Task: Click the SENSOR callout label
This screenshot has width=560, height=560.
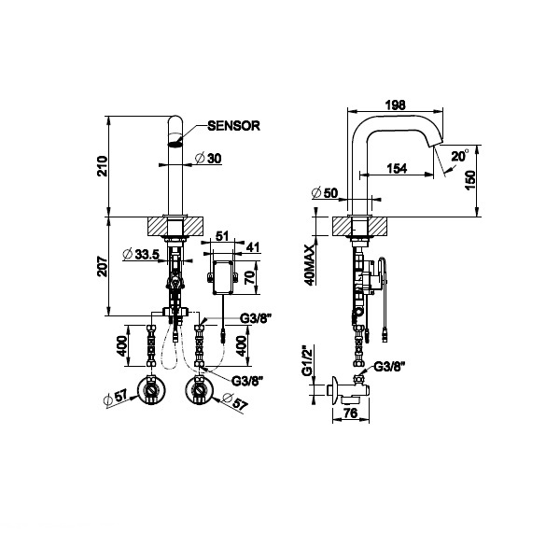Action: tap(233, 126)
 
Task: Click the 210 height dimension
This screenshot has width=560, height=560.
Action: tap(103, 166)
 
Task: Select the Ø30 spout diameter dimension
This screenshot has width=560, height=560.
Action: tap(208, 159)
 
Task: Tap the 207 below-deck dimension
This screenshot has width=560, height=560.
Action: tap(103, 266)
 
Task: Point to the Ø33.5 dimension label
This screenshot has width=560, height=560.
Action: tap(140, 254)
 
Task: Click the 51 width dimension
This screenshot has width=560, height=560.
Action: tap(222, 236)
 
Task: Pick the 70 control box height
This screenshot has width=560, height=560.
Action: tap(251, 277)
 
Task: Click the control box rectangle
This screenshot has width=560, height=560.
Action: tap(223, 278)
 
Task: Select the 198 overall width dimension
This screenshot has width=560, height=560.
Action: tap(396, 105)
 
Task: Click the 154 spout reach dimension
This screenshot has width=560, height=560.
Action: tap(397, 168)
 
